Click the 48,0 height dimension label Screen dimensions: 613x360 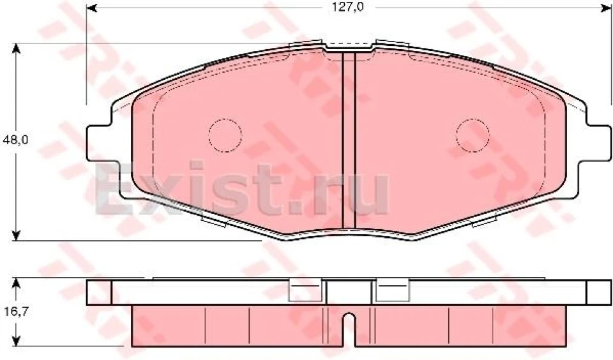(15, 140)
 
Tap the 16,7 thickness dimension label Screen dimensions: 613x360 (15, 311)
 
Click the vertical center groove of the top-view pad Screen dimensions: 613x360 (349, 140)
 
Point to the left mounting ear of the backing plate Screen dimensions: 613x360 (98, 144)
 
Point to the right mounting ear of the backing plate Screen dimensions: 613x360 (598, 144)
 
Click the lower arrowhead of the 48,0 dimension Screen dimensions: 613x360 (15, 235)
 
